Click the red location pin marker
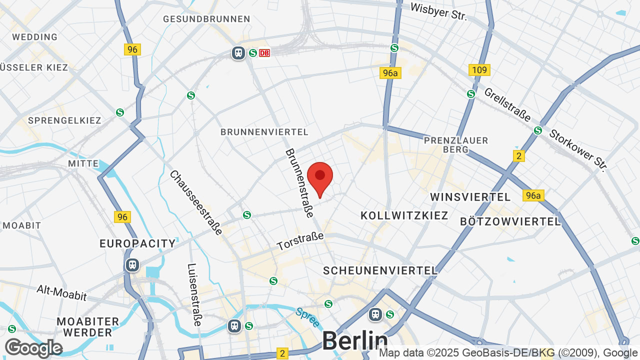[320, 178]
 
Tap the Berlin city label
[354, 341]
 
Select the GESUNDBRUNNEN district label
[206, 19]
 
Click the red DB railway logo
[264, 52]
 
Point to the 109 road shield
[479, 70]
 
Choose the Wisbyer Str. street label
[438, 11]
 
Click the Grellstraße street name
[507, 104]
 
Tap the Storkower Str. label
[577, 150]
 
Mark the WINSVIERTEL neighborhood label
[470, 197]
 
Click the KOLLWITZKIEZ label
[404, 215]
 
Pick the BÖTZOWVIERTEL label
[510, 221]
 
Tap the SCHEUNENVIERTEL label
[380, 270]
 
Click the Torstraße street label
[300, 241]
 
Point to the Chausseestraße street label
[196, 202]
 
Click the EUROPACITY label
[137, 244]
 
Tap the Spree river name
[307, 317]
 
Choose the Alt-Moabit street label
[62, 293]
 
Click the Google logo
[33, 348]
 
